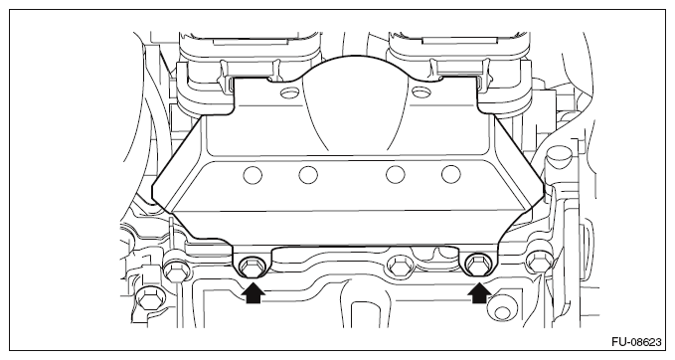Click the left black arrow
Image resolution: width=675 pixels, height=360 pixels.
253,290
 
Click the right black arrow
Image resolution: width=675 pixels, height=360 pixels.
479,290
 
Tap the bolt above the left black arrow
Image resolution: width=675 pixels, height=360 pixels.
251,265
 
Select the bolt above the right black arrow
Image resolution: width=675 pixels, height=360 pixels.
478,265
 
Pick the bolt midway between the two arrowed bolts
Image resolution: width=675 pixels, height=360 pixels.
401,266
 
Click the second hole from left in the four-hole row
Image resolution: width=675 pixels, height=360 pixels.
309,176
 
